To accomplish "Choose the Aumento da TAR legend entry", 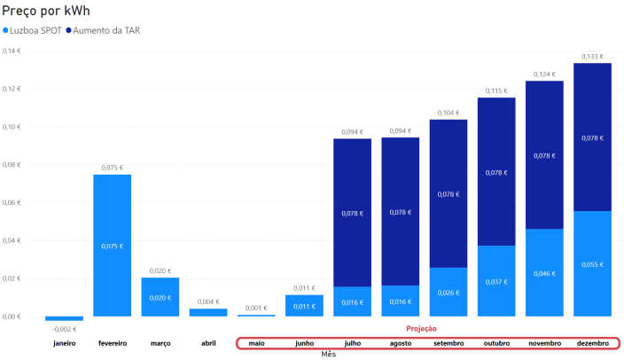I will click(x=106, y=30).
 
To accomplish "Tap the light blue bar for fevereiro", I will click(x=112, y=245).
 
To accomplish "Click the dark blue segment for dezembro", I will click(x=592, y=137).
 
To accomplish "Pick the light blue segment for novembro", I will click(x=544, y=272).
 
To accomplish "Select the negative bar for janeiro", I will click(x=64, y=318).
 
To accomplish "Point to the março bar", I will click(x=160, y=297).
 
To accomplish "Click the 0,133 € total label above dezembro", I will click(x=592, y=57).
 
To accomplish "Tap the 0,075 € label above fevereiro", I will click(x=112, y=168).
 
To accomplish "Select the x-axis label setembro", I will click(x=448, y=342).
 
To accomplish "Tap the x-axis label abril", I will click(x=207, y=342).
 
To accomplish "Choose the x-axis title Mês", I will click(x=328, y=354).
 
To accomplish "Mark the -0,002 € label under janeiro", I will click(x=64, y=329).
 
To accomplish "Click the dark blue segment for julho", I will click(x=352, y=213).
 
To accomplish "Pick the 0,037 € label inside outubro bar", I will click(x=496, y=281).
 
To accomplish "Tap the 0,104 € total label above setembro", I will click(x=448, y=113).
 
